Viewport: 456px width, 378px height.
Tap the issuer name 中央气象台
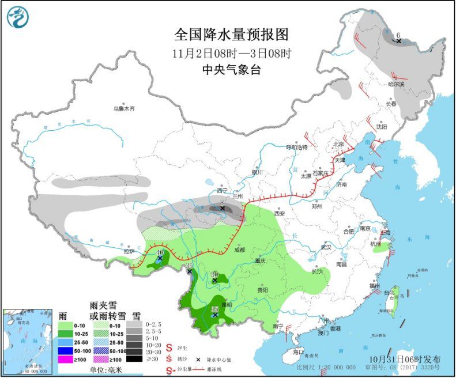(x=231, y=70)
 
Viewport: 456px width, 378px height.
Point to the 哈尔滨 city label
(x=396, y=84)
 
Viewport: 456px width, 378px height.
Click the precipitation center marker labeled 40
(x=160, y=259)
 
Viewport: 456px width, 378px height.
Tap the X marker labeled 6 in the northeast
(x=398, y=41)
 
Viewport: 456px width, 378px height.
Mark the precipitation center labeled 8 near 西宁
(x=222, y=208)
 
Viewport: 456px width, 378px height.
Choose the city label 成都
(x=239, y=250)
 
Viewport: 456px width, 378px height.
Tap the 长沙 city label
(x=316, y=271)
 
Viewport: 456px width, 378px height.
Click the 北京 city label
(x=338, y=144)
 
